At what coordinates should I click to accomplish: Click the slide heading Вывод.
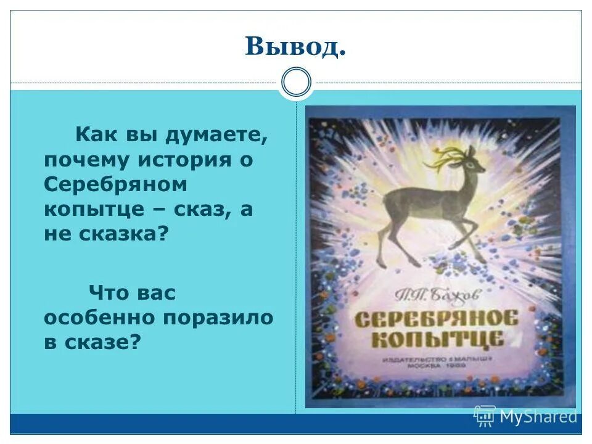click(295, 47)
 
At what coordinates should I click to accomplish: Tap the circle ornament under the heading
click(296, 83)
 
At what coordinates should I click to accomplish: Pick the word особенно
click(99, 317)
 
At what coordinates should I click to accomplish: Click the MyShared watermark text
click(538, 417)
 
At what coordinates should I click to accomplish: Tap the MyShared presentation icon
click(485, 416)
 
